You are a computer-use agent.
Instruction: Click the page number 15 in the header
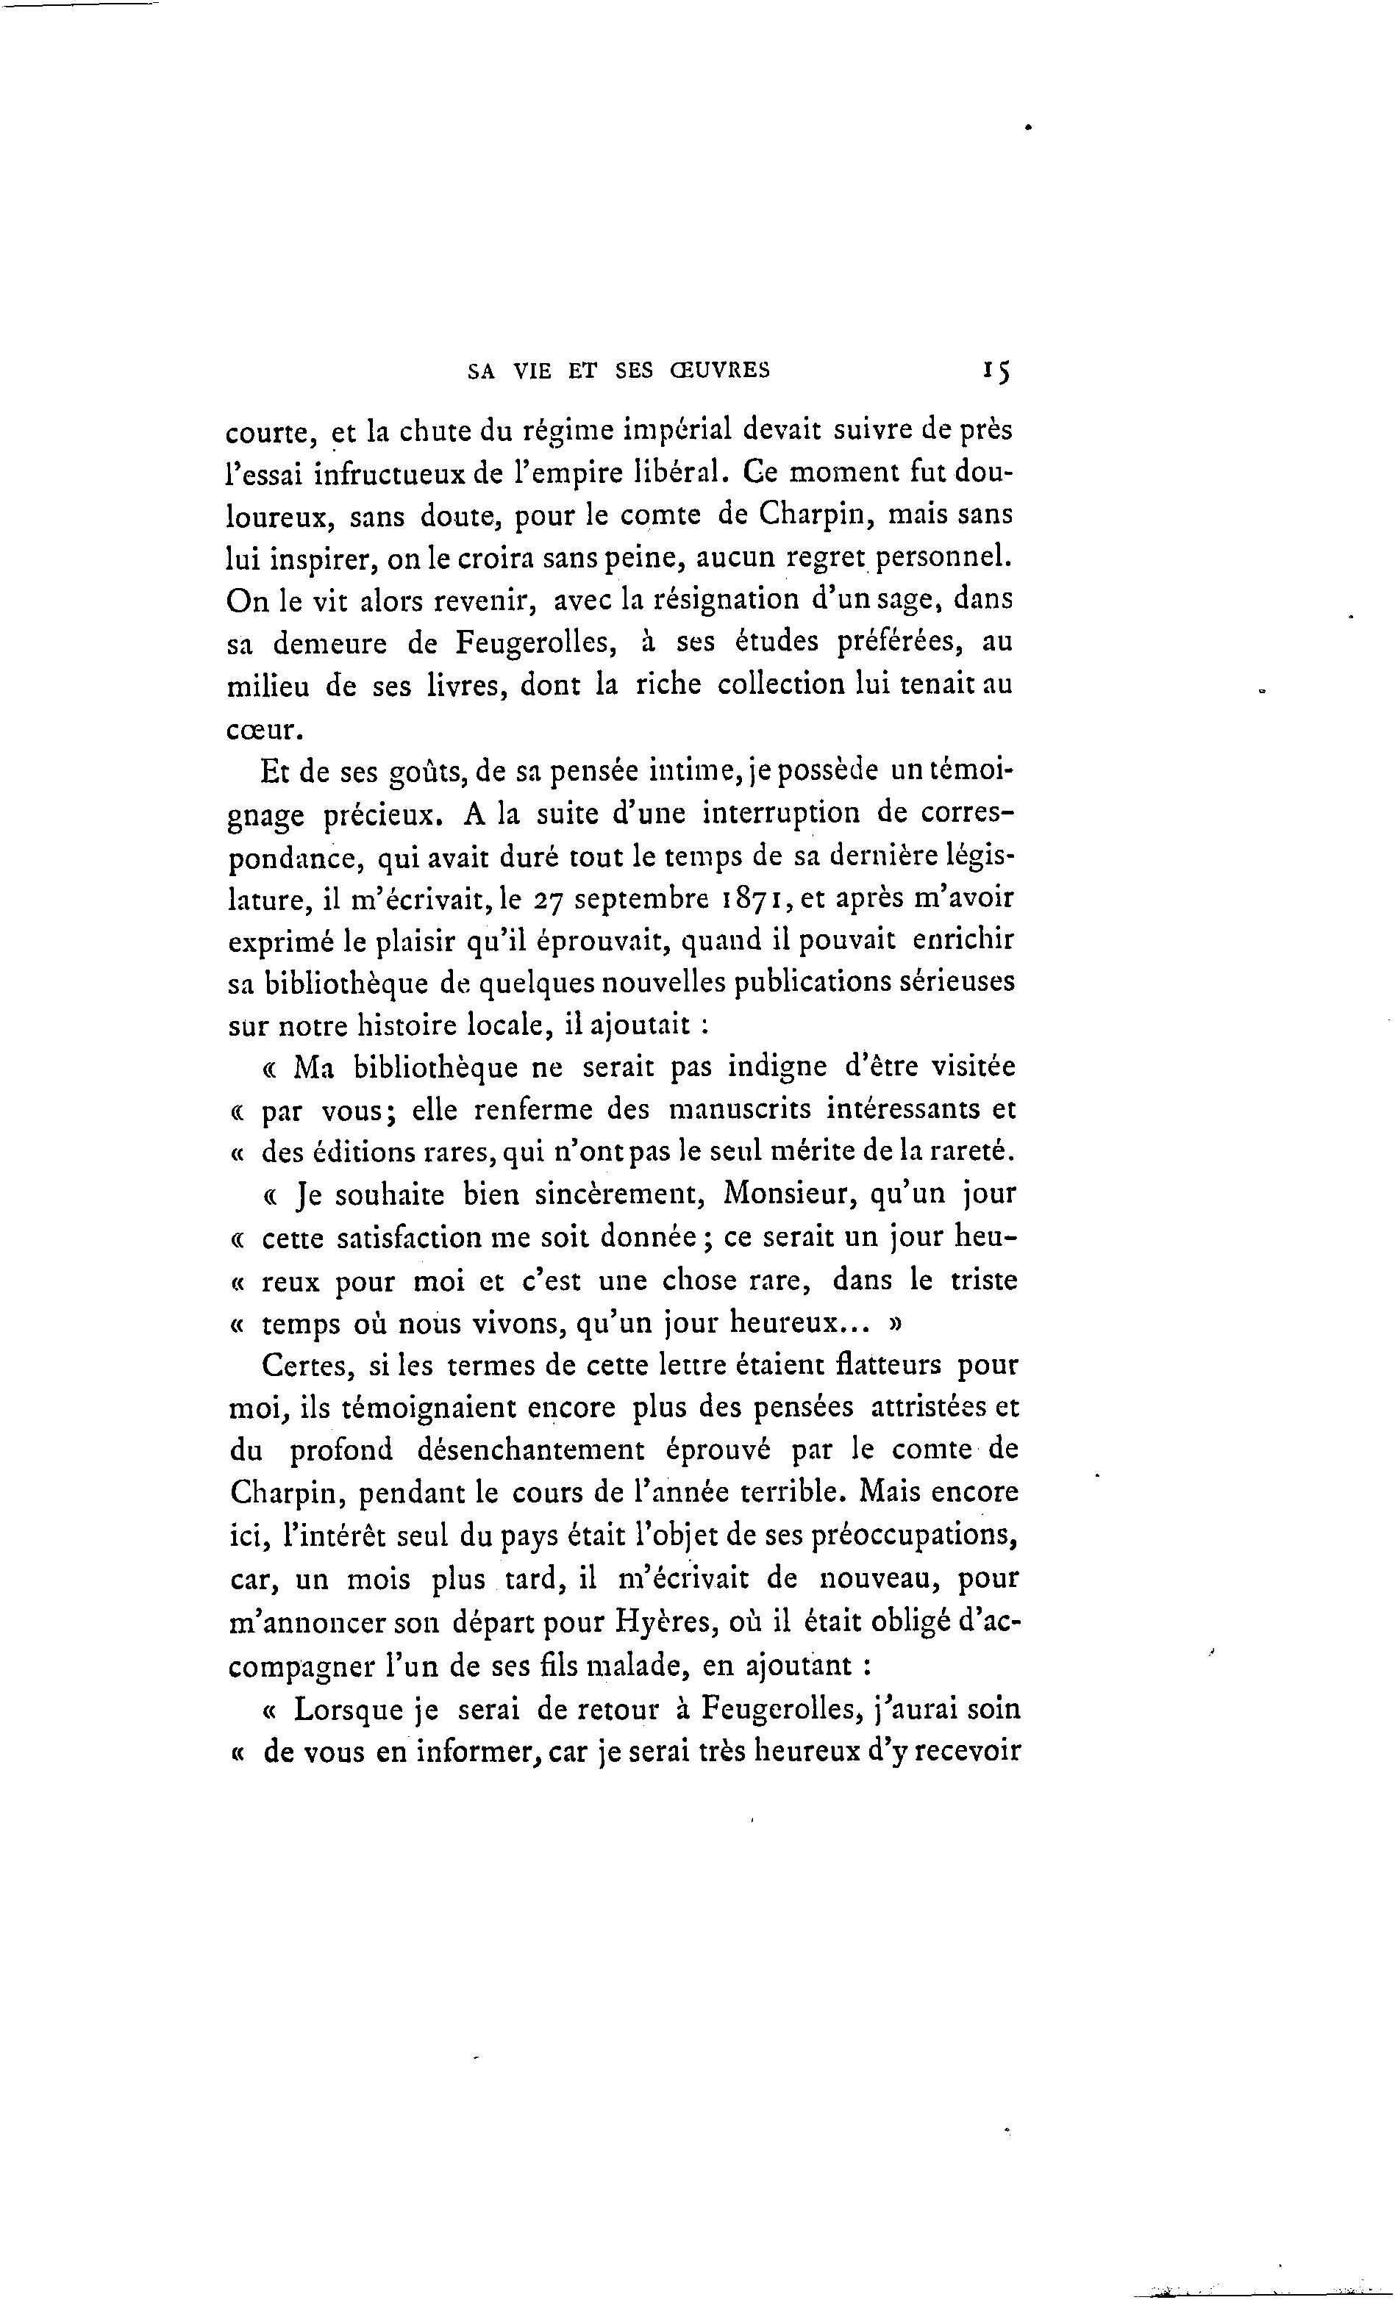[996, 370]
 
